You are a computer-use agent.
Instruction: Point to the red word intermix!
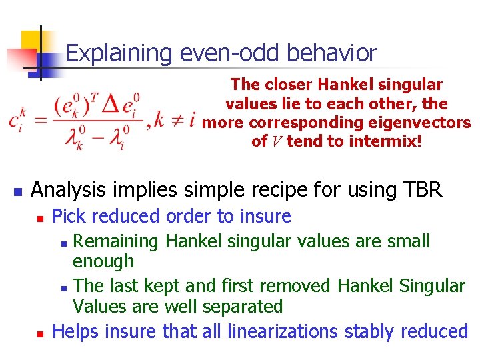click(386, 141)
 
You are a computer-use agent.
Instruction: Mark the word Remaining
click(117, 241)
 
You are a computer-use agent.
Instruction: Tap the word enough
click(103, 261)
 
